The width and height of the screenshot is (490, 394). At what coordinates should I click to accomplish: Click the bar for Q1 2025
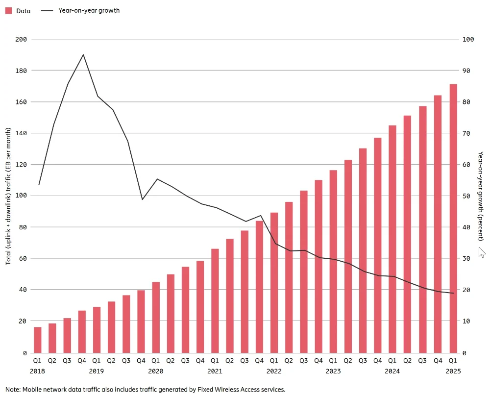coord(453,219)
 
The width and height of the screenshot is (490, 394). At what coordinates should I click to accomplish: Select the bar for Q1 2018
coord(37,340)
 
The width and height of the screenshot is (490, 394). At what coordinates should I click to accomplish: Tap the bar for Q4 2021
coord(259,287)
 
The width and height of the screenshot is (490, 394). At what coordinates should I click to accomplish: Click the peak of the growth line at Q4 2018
coord(83,55)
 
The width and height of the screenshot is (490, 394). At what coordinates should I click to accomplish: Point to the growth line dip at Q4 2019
coord(142,199)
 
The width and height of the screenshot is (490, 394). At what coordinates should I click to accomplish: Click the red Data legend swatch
coord(8,10)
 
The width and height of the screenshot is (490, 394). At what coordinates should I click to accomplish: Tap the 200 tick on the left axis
coord(21,40)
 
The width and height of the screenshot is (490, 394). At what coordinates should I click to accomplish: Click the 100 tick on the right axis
coord(468,40)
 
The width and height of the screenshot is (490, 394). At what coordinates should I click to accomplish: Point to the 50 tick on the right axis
coord(466,196)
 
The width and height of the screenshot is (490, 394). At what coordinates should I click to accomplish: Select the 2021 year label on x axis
coord(215,371)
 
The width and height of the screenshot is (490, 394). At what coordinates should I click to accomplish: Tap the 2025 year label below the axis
coord(453,371)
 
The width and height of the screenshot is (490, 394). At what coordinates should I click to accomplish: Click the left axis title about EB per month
coord(9,196)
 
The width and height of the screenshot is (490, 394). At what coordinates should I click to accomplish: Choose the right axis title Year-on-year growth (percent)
coord(481,196)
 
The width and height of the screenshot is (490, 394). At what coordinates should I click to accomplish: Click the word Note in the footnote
coord(14,390)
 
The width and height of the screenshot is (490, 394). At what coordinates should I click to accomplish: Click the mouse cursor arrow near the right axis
coord(482,252)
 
